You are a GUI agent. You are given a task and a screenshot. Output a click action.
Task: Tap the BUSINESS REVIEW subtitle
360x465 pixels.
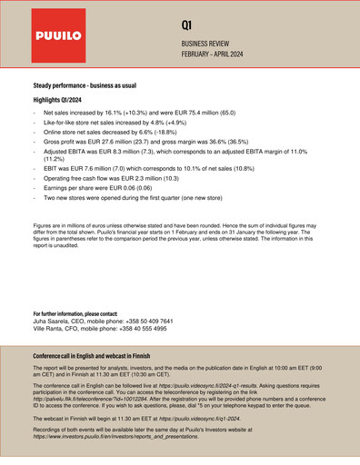(x=211, y=44)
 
